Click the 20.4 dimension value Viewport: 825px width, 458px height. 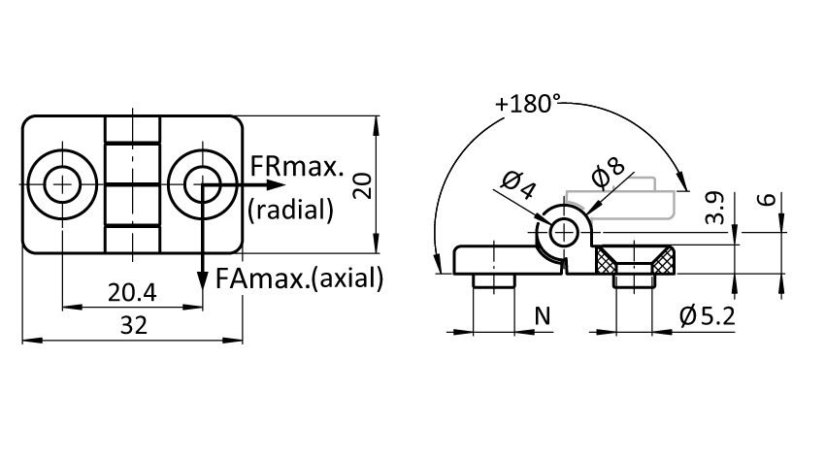132,292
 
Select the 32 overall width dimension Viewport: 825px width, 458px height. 134,325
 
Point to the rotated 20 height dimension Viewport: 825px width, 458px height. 363,185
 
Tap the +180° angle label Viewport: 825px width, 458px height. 528,104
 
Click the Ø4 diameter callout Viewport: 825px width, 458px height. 519,184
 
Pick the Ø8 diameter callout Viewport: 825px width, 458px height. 609,172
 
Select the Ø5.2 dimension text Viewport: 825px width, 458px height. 708,316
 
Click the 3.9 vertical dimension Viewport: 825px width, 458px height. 715,209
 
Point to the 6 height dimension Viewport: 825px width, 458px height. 768,199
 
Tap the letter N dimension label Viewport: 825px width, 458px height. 543,316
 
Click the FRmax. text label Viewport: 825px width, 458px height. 297,166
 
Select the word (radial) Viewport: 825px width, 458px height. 290,210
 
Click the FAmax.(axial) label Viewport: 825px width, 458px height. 299,278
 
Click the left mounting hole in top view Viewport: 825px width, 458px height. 62,184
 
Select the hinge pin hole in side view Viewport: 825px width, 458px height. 564,232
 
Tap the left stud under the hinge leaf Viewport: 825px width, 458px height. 493,280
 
